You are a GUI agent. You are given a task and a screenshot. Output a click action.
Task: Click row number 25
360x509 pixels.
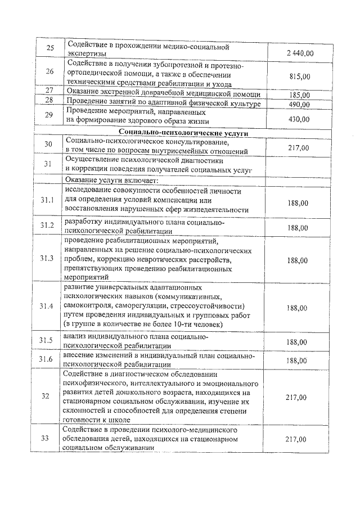[x=49, y=48]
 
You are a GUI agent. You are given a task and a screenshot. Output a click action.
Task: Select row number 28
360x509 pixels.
[x=49, y=100]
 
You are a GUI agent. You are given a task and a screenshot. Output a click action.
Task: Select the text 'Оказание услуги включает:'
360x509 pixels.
[x=112, y=180]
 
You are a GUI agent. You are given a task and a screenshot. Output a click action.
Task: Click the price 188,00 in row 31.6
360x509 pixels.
[x=298, y=360]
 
